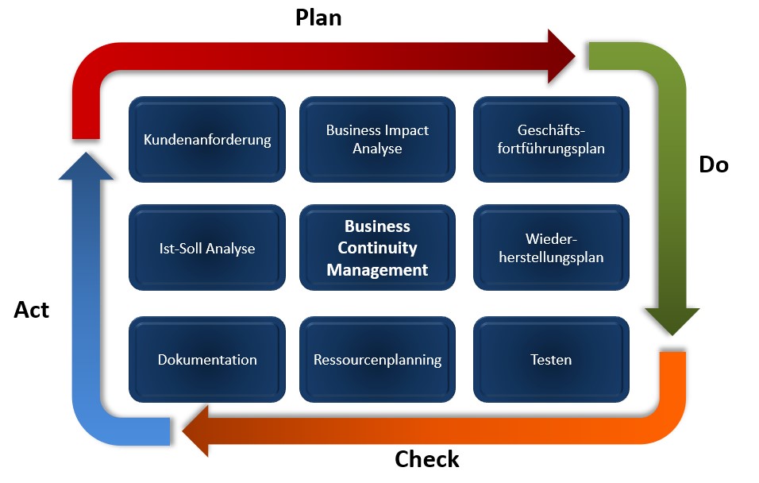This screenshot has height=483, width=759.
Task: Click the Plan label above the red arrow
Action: [318, 17]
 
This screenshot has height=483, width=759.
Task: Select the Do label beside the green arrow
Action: [713, 164]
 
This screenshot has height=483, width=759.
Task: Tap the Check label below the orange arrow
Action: [427, 459]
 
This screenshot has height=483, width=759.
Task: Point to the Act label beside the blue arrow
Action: [32, 310]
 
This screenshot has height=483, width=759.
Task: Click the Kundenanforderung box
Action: [207, 140]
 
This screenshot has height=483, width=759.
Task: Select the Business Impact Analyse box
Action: [377, 140]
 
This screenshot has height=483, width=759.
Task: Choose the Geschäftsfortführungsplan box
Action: [550, 140]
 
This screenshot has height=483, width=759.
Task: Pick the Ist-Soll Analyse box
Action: [207, 248]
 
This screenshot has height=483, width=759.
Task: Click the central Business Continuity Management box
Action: [377, 248]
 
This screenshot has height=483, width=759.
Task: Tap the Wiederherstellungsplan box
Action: [550, 248]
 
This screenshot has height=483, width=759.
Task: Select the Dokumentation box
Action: [207, 359]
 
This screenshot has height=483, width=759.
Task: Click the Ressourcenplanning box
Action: [377, 359]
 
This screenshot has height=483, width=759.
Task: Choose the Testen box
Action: [550, 359]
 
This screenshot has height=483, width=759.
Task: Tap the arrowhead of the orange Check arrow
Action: [197, 431]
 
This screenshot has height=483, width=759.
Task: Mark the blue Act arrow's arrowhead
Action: [86, 164]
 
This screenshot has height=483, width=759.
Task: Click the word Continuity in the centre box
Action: [377, 248]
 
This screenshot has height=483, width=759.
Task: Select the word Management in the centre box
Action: [377, 270]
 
